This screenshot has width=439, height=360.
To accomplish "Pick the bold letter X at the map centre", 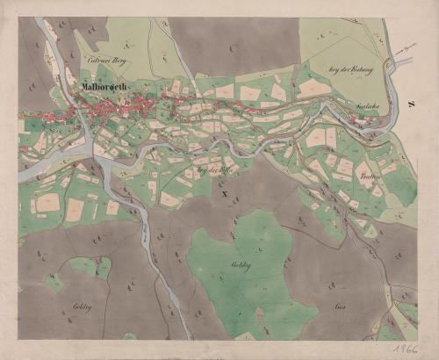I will (225, 192).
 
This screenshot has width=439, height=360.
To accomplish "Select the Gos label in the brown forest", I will (340, 307).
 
